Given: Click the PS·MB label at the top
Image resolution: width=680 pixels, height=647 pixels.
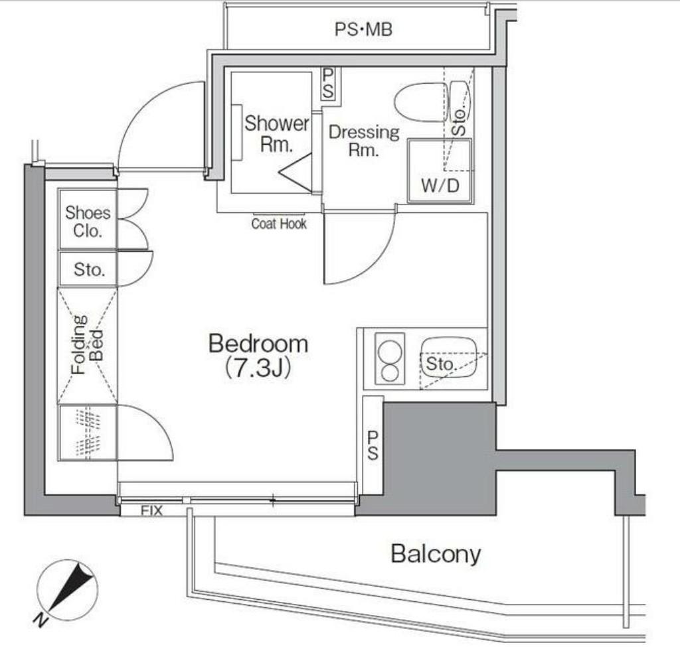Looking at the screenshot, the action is (x=363, y=29).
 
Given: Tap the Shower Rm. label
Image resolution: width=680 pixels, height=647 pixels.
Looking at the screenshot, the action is (x=277, y=133).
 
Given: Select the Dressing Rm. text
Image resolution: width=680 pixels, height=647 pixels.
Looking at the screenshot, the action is (x=364, y=141).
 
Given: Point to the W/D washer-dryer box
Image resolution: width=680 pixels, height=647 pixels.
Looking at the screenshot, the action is (x=440, y=171).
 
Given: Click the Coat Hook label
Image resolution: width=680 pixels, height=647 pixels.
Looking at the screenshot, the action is (x=279, y=224).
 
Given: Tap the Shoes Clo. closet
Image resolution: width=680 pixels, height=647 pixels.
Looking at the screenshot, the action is (x=88, y=220).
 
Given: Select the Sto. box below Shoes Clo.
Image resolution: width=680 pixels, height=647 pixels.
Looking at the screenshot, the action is (x=88, y=269).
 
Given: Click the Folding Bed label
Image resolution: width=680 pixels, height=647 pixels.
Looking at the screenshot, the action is (x=88, y=345).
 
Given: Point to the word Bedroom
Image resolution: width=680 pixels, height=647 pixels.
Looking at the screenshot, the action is (x=258, y=344).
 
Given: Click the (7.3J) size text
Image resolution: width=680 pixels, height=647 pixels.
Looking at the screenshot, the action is (x=258, y=369).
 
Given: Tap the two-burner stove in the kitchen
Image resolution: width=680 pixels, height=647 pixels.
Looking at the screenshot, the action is (x=389, y=358).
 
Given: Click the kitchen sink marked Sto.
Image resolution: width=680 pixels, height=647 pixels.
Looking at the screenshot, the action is (x=449, y=358).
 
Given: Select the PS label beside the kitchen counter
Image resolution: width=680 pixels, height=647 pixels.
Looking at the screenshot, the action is (x=373, y=445).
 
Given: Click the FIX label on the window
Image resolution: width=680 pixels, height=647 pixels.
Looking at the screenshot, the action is (x=151, y=511).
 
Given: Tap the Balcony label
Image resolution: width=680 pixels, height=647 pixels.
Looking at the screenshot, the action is (x=436, y=554).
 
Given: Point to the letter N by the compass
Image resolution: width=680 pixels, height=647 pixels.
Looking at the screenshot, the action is (x=41, y=621).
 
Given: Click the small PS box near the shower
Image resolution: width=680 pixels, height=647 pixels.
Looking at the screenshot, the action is (x=328, y=84).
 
